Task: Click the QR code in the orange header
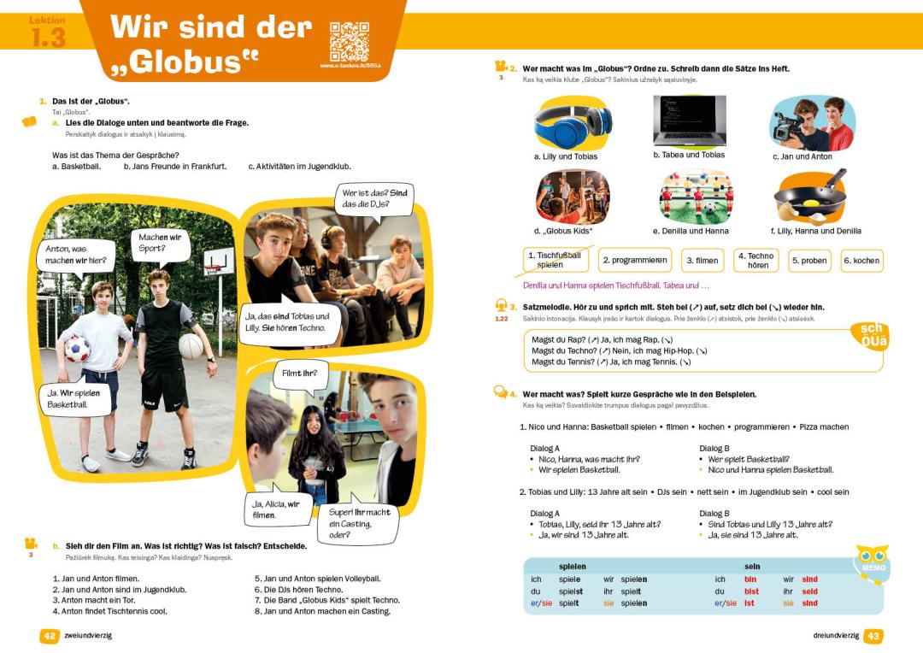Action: pyautogui.click(x=349, y=41)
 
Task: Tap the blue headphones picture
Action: pyautogui.click(x=573, y=123)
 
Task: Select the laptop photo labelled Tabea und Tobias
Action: pyautogui.click(x=689, y=121)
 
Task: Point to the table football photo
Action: pyautogui.click(x=696, y=197)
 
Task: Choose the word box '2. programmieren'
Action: pyautogui.click(x=634, y=260)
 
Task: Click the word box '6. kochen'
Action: pyautogui.click(x=861, y=261)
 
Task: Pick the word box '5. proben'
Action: pyautogui.click(x=808, y=261)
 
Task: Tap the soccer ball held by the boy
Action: pyautogui.click(x=77, y=348)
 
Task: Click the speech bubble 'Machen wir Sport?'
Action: pyautogui.click(x=158, y=244)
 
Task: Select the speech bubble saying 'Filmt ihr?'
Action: pyautogui.click(x=299, y=374)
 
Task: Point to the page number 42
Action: pyautogui.click(x=50, y=636)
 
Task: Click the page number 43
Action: pyautogui.click(x=873, y=636)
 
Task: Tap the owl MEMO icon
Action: pyautogui.click(x=873, y=564)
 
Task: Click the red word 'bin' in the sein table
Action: pyautogui.click(x=750, y=579)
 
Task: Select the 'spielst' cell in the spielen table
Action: pyautogui.click(x=571, y=591)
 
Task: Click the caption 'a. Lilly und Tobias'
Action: pyautogui.click(x=566, y=156)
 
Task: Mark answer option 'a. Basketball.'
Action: pyautogui.click(x=77, y=167)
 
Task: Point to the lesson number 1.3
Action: pyautogui.click(x=48, y=38)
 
